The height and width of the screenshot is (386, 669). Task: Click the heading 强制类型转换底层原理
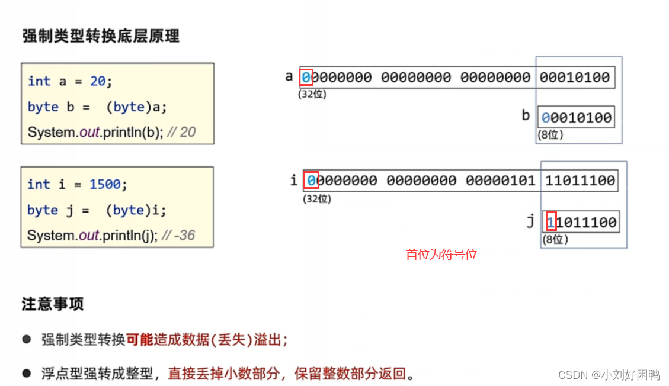click(101, 36)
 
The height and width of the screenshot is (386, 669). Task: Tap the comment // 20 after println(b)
click(181, 132)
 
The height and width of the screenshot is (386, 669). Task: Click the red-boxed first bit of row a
click(306, 78)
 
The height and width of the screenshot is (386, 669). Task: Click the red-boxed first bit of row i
click(312, 180)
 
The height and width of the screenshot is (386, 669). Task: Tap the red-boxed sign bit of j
click(551, 223)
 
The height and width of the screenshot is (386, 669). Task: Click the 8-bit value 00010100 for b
click(576, 117)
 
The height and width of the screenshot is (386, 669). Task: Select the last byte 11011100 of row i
click(580, 180)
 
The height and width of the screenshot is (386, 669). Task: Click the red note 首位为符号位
click(441, 255)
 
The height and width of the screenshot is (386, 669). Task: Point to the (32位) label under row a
click(312, 94)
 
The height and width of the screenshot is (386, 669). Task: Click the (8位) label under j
click(556, 240)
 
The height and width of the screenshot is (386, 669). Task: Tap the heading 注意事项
click(53, 304)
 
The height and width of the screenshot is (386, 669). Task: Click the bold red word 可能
click(139, 340)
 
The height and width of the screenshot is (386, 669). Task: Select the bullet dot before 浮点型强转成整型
click(27, 373)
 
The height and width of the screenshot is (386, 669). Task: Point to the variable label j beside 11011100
click(530, 221)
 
